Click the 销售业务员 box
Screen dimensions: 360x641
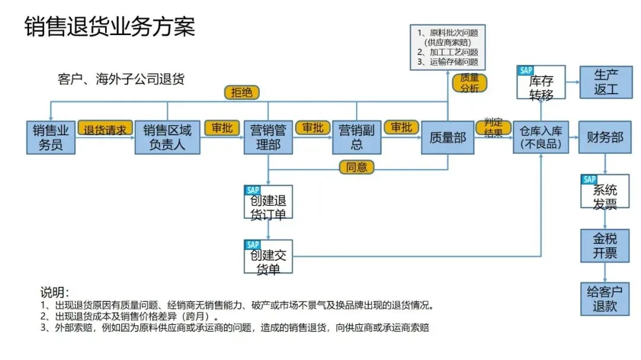(x=51, y=137)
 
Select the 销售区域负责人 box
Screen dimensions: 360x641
(x=167, y=137)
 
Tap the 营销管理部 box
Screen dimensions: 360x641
(x=268, y=137)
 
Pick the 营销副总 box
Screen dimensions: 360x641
(x=357, y=137)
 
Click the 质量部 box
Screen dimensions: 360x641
(x=448, y=137)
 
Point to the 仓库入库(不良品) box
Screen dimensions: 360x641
(x=541, y=137)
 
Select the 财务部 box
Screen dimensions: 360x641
(x=604, y=137)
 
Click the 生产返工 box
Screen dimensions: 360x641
(x=605, y=82)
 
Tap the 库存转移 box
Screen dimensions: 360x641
(x=541, y=82)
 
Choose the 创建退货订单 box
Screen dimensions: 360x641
(x=268, y=202)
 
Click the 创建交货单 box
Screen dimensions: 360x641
(x=268, y=256)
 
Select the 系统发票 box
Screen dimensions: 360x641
(x=604, y=192)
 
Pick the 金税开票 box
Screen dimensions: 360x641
(x=604, y=246)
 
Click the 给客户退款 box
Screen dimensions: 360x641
(x=604, y=298)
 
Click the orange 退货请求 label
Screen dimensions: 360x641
(x=105, y=129)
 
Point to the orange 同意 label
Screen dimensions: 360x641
(x=357, y=167)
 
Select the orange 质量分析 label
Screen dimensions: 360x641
(x=469, y=83)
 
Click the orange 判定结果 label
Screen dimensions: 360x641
(x=493, y=127)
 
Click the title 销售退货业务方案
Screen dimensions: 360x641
(x=110, y=27)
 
